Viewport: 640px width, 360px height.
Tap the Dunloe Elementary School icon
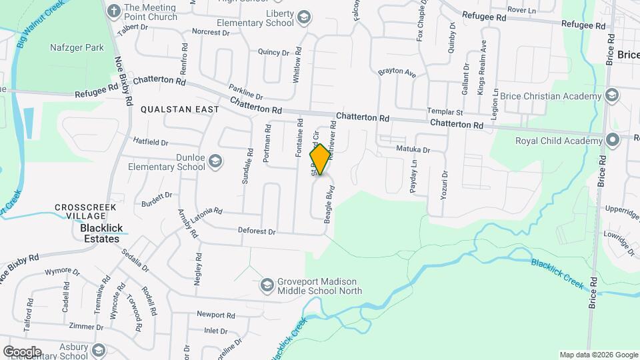coord(215,161)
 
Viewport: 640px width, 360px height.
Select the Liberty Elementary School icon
coord(304,17)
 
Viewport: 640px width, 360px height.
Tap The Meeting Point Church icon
coord(114,11)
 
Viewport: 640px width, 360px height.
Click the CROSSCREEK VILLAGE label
coord(86,211)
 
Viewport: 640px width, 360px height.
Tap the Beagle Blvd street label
coord(329,209)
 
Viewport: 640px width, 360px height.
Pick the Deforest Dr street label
coord(257,231)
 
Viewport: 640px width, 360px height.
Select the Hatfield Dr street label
coord(151,142)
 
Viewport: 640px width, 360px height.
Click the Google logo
coord(22,351)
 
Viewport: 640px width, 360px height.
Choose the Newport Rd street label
coord(216,315)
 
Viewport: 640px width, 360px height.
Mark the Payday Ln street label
coord(414,176)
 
